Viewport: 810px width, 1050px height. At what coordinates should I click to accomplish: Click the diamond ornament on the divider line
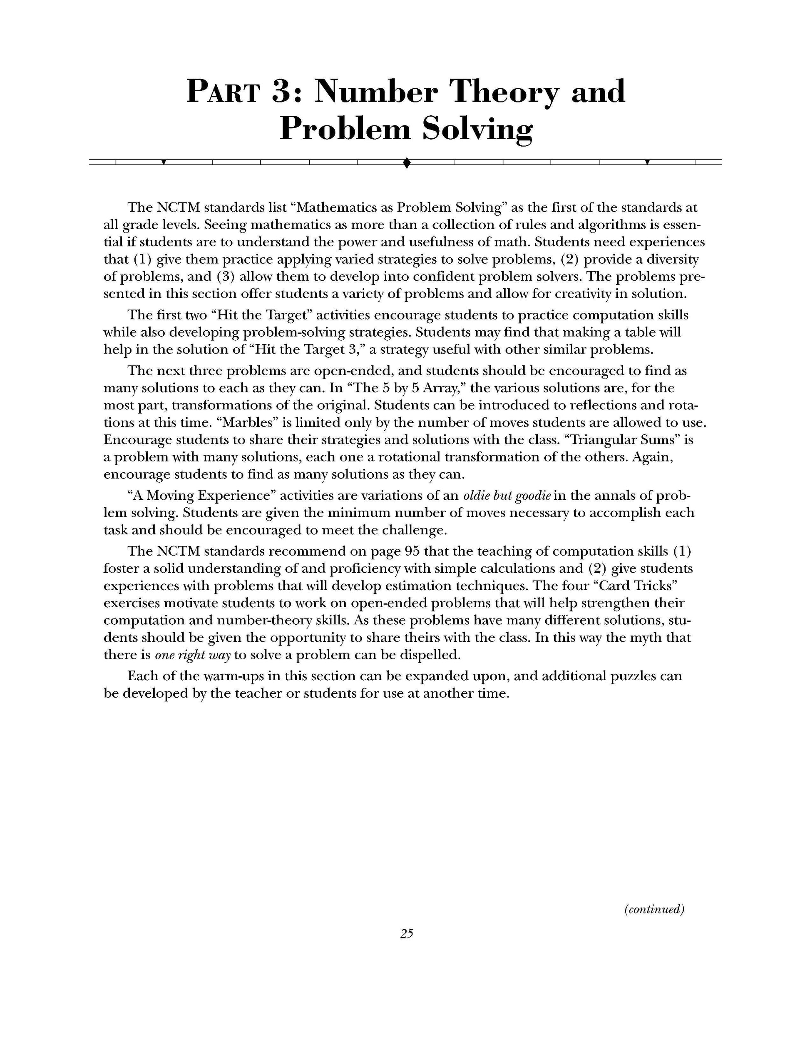pyautogui.click(x=406, y=163)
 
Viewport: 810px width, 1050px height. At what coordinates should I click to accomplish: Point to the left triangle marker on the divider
pyautogui.click(x=164, y=162)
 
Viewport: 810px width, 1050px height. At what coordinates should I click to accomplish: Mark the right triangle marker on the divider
pyautogui.click(x=647, y=162)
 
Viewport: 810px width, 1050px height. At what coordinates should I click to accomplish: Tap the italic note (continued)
pyautogui.click(x=654, y=909)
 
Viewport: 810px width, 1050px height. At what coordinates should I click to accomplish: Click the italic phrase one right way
pyautogui.click(x=192, y=655)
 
